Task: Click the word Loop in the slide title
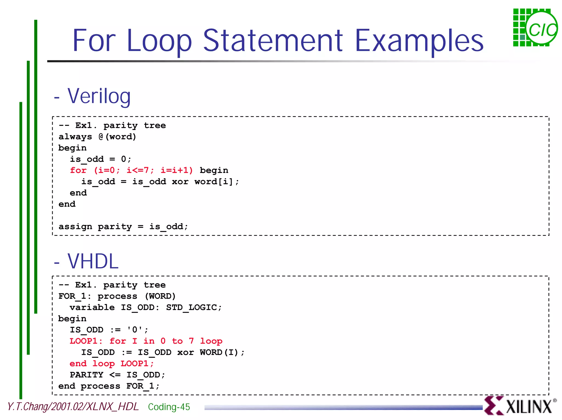(159, 41)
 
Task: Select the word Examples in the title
(419, 41)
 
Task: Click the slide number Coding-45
(169, 407)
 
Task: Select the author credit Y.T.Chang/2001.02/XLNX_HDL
(73, 407)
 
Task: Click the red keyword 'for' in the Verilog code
(78, 170)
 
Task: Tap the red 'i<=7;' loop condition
(140, 170)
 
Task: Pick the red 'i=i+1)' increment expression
(177, 170)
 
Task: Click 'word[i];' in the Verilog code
(217, 182)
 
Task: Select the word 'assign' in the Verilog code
(75, 227)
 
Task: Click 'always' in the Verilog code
(75, 137)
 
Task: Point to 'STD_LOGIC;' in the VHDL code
(194, 307)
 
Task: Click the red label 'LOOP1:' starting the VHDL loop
(86, 341)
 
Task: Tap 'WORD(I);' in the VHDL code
(222, 352)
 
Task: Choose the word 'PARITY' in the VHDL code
(86, 375)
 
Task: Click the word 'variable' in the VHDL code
(92, 307)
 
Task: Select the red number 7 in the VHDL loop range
(191, 341)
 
